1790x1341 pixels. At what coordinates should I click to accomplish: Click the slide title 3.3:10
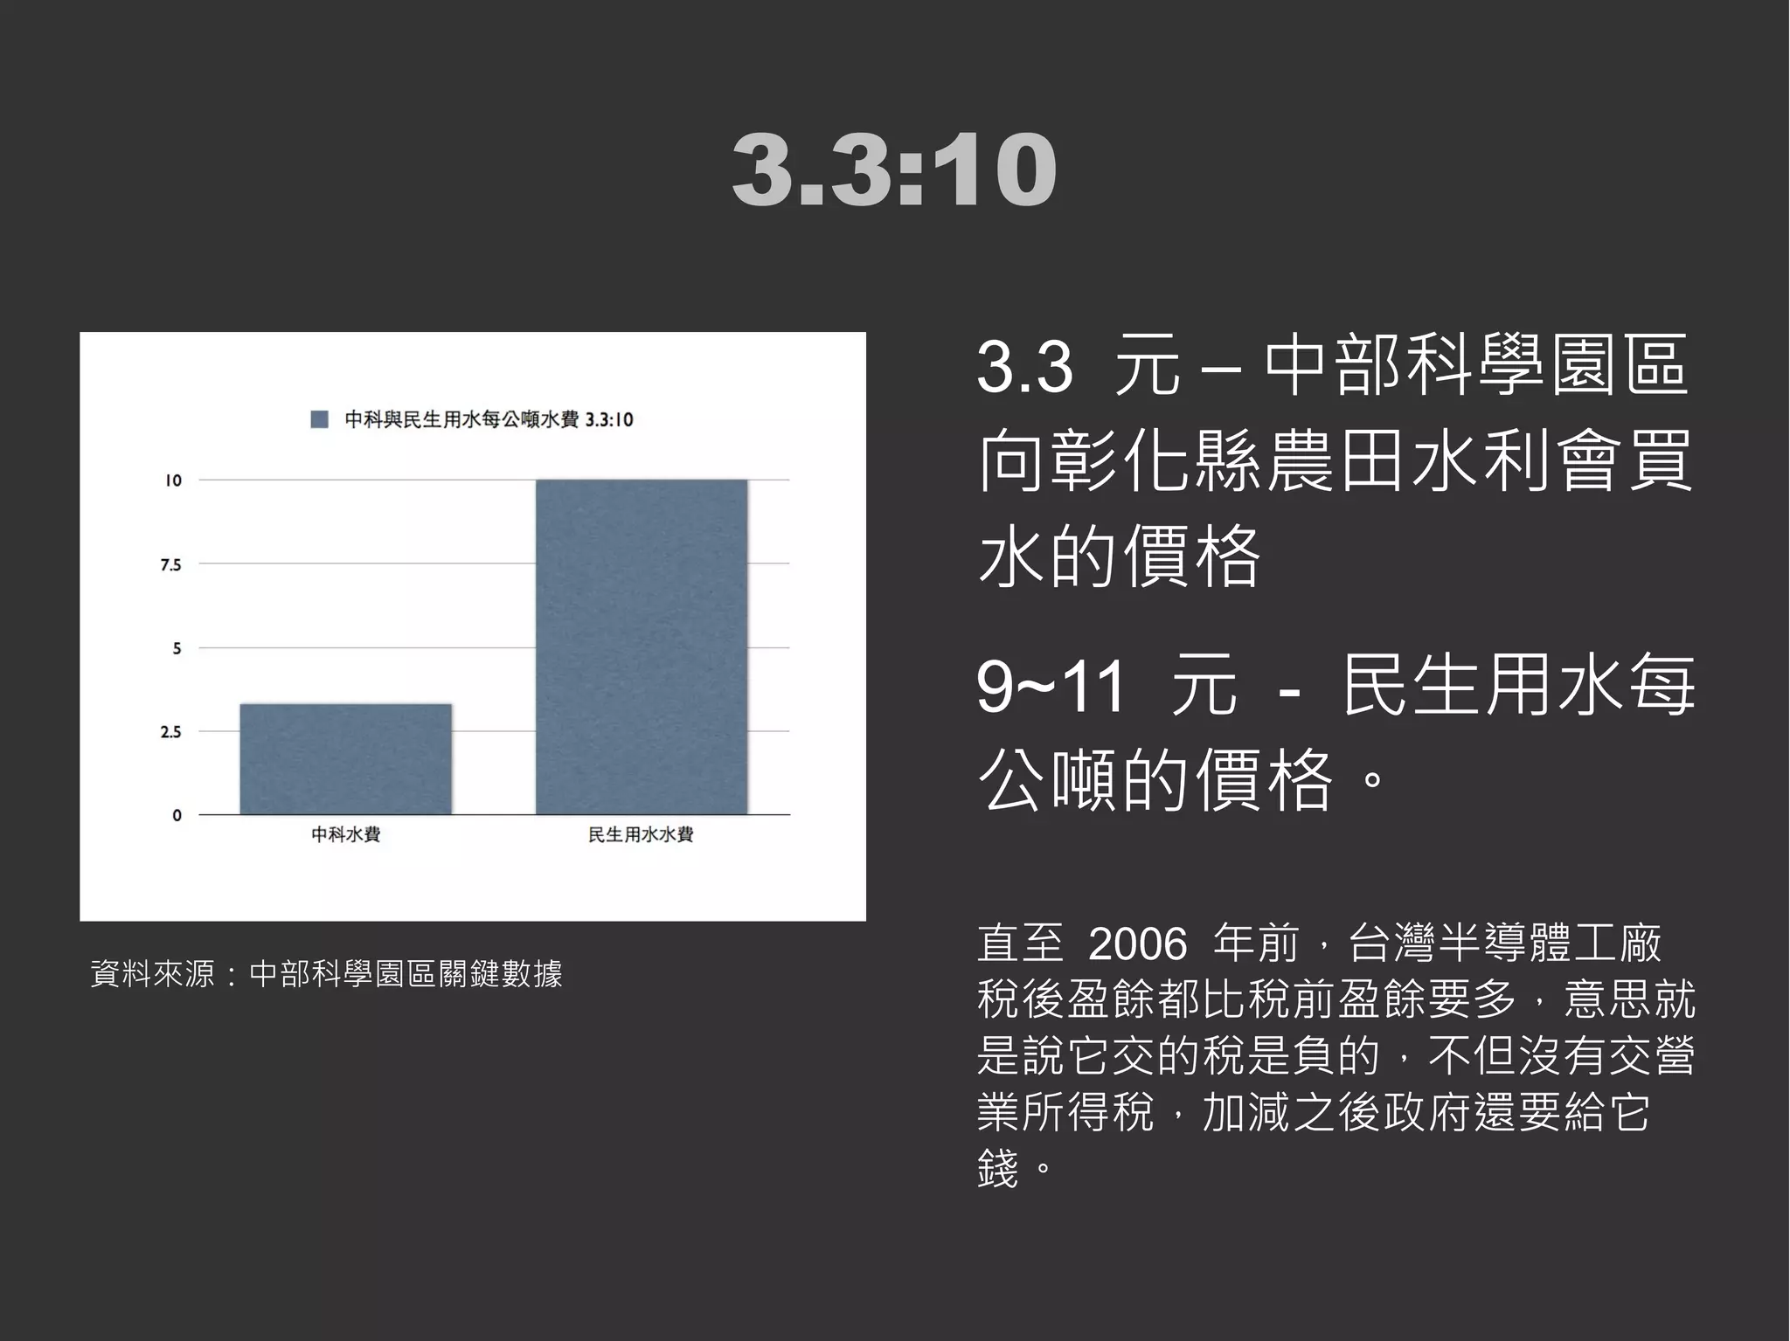894,171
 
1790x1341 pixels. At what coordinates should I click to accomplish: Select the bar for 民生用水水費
641,646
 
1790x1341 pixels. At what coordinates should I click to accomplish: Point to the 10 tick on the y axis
173,480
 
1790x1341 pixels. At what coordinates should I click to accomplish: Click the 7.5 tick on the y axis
171,565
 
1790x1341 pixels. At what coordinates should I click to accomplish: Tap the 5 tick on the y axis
177,648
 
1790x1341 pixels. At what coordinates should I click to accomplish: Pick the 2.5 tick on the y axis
171,732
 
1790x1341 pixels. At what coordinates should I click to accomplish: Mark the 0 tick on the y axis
177,815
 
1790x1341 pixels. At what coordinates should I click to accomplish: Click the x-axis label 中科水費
345,835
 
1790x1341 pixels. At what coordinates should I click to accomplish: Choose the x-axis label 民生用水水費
641,835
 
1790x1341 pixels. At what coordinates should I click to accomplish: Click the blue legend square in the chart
320,419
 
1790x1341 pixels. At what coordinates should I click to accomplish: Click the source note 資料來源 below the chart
326,973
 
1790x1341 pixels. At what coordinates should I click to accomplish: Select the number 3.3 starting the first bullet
1024,367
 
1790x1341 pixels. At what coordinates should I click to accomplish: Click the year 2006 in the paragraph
1138,944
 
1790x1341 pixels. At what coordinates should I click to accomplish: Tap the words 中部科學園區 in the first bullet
1475,367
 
